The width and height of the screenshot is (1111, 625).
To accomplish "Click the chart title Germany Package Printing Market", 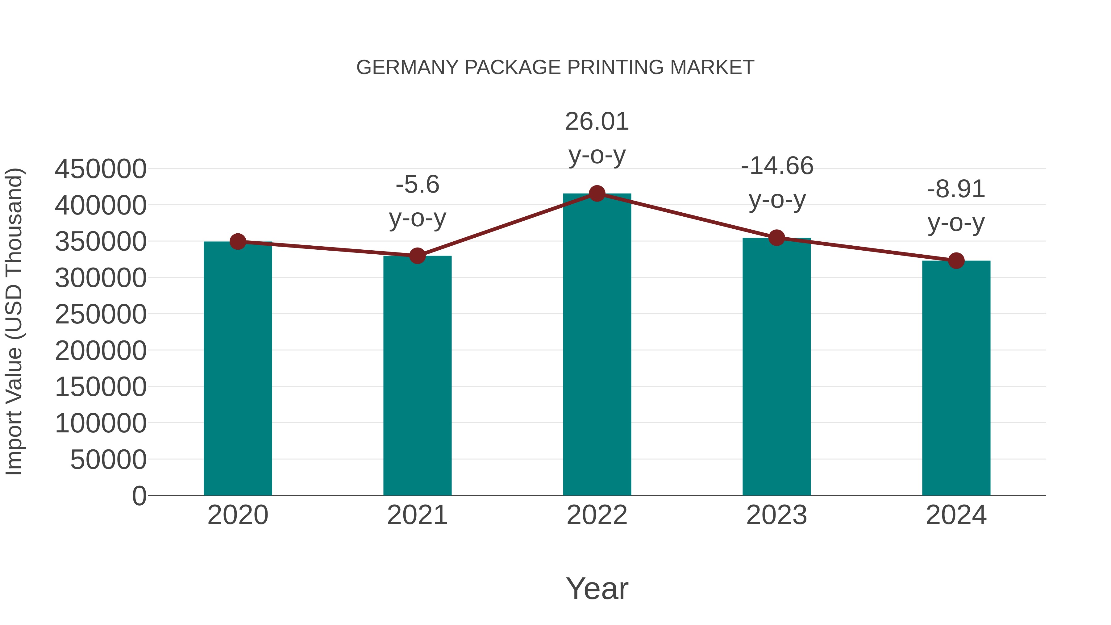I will tap(555, 67).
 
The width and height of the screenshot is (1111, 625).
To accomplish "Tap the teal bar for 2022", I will tap(597, 345).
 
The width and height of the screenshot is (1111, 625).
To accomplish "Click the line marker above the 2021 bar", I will tap(417, 256).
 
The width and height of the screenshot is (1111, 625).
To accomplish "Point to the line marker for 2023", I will tap(776, 238).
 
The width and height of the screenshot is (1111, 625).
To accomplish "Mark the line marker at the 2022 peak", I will tap(597, 194).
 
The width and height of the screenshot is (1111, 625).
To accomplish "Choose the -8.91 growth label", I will tap(956, 206).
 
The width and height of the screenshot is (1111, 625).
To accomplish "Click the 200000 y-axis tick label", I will tap(101, 350).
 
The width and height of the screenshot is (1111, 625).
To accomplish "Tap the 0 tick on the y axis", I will tap(139, 496).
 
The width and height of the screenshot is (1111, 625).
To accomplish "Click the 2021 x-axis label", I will tap(417, 515).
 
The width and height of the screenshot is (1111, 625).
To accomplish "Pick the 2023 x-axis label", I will tap(776, 515).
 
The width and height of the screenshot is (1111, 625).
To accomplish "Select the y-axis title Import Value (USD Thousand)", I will tap(14, 321).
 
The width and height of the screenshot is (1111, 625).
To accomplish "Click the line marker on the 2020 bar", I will tap(238, 242).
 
